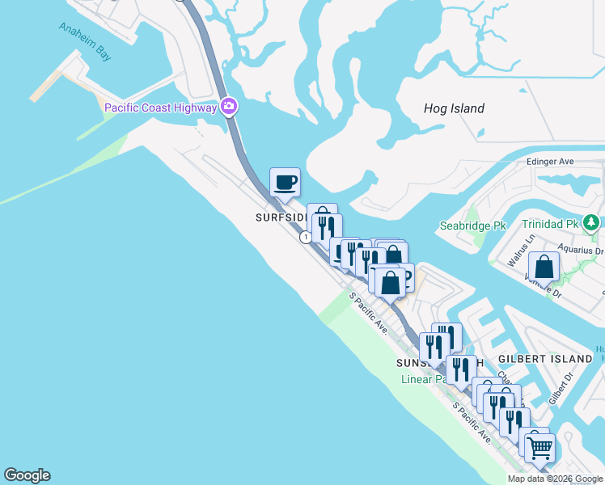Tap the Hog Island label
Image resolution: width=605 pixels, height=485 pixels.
click(454, 108)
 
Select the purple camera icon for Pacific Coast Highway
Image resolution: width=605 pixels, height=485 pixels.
click(229, 107)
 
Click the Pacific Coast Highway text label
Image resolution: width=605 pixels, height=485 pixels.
click(161, 108)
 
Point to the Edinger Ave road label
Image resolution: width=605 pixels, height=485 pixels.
click(550, 162)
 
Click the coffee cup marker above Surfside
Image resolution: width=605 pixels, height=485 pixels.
click(285, 183)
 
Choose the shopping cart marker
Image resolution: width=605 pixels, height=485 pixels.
click(539, 447)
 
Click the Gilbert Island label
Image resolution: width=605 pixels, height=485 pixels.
click(545, 358)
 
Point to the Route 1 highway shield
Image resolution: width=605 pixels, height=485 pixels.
click(305, 238)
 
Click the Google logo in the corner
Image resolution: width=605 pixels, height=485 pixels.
click(27, 475)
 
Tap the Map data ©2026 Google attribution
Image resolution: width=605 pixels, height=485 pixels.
click(555, 479)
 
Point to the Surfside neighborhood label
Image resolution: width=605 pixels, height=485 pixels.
click(280, 217)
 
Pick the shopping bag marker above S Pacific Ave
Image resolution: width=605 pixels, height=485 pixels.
click(390, 284)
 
